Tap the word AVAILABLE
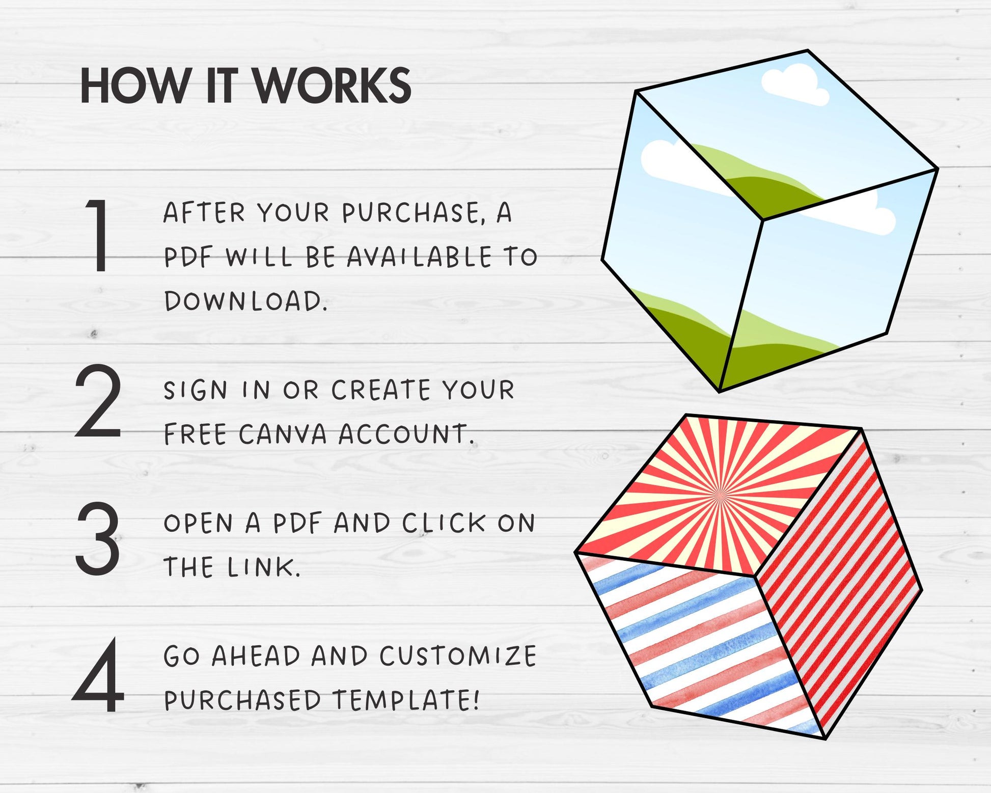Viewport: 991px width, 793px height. pos(420,257)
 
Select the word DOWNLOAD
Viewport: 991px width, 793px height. pos(245,301)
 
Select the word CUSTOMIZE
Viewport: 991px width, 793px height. pos(458,656)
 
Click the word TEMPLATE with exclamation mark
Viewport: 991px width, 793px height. pos(406,700)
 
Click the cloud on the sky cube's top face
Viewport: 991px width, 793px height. pos(795,86)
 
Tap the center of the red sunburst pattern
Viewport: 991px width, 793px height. pos(720,494)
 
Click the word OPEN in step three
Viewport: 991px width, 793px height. pos(198,524)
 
